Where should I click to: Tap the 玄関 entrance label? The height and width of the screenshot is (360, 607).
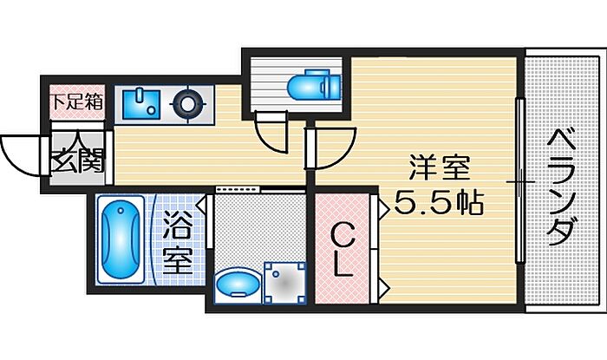coord(76,160)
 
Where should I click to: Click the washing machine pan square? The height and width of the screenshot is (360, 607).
coord(284,282)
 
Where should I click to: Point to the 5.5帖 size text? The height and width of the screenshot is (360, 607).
coord(439,206)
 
